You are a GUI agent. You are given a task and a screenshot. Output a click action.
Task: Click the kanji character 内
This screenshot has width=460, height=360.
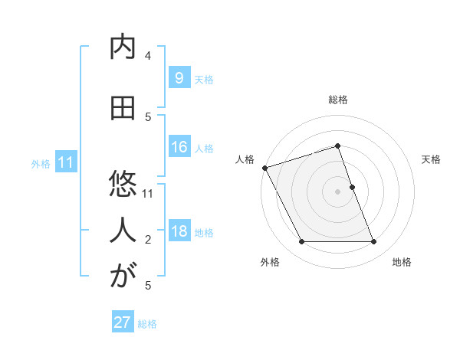tap(123, 47)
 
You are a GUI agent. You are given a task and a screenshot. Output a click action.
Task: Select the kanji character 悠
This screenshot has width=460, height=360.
tap(123, 185)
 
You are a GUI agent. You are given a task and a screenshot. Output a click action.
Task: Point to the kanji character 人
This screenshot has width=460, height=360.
tap(123, 229)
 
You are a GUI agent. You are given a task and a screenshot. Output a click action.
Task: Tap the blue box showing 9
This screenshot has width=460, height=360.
tap(179, 77)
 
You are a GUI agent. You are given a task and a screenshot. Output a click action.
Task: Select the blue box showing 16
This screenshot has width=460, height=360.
tap(179, 147)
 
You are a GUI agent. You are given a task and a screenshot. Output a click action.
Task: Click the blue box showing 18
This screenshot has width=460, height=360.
tap(179, 231)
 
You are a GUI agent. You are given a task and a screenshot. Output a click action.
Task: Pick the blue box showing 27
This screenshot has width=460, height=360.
tap(123, 322)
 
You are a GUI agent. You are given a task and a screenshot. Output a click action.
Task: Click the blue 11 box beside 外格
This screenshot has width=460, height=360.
tap(66, 162)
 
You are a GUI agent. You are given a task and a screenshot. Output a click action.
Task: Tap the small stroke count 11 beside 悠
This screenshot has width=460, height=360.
tap(148, 193)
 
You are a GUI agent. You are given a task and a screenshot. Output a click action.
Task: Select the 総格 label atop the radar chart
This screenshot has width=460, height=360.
tap(337, 100)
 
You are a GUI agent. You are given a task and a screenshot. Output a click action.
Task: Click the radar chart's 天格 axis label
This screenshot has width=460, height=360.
tap(431, 159)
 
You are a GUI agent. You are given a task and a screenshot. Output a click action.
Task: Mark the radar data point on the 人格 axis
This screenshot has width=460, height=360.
tap(264, 168)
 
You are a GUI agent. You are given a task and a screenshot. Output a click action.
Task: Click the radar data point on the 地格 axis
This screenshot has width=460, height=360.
tap(374, 242)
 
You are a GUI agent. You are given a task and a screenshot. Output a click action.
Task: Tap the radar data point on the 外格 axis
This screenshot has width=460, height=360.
tap(301, 242)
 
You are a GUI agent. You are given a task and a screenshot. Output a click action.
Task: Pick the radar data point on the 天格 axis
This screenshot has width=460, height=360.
tap(352, 187)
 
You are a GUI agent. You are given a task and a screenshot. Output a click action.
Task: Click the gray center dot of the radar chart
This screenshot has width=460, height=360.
tap(337, 191)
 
